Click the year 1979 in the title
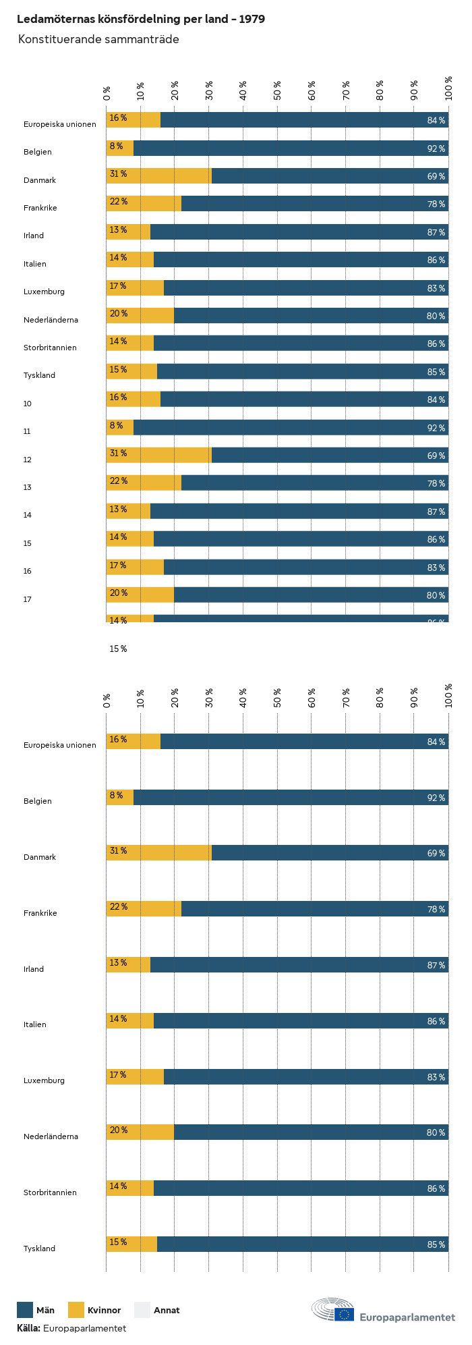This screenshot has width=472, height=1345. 250,19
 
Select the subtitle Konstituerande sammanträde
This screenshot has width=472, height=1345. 98,39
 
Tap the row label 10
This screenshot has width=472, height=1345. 28,404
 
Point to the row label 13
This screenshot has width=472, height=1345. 28,487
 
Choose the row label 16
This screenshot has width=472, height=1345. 28,571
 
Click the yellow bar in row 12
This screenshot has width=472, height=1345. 158,455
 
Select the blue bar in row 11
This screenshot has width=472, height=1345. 290,427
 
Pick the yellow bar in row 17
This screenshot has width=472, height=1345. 140,595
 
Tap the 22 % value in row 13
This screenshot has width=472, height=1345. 119,481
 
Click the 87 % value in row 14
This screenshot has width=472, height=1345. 436,512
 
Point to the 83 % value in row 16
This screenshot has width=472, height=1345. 436,568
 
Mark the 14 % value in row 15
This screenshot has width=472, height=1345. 118,537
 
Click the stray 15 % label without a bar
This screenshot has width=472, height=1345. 118,649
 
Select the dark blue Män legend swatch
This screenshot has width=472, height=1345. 25,1310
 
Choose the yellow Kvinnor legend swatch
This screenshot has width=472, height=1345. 76,1310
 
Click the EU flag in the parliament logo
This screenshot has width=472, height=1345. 345,1314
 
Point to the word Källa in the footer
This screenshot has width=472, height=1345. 28,1328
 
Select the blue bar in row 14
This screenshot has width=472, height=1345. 299,511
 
